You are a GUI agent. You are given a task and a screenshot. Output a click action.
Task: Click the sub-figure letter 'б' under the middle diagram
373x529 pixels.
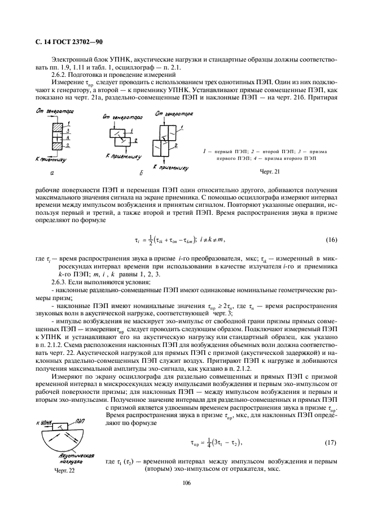click(124, 172)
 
